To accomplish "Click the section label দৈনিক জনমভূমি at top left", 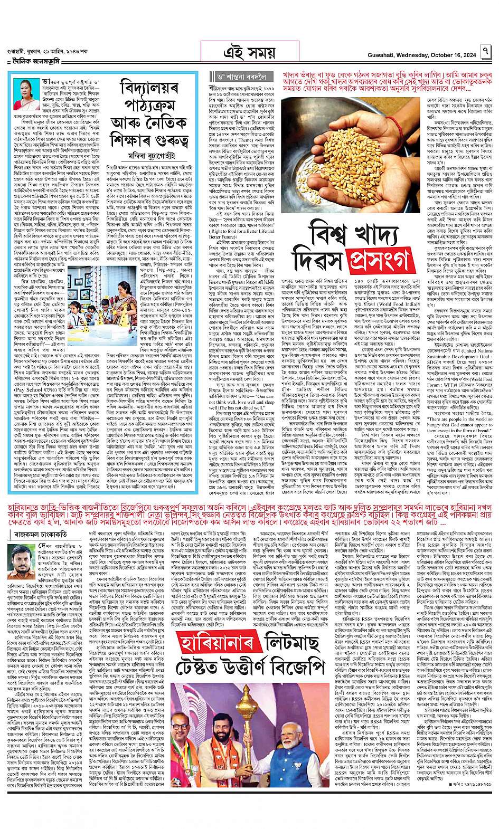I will pos(33,61).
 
